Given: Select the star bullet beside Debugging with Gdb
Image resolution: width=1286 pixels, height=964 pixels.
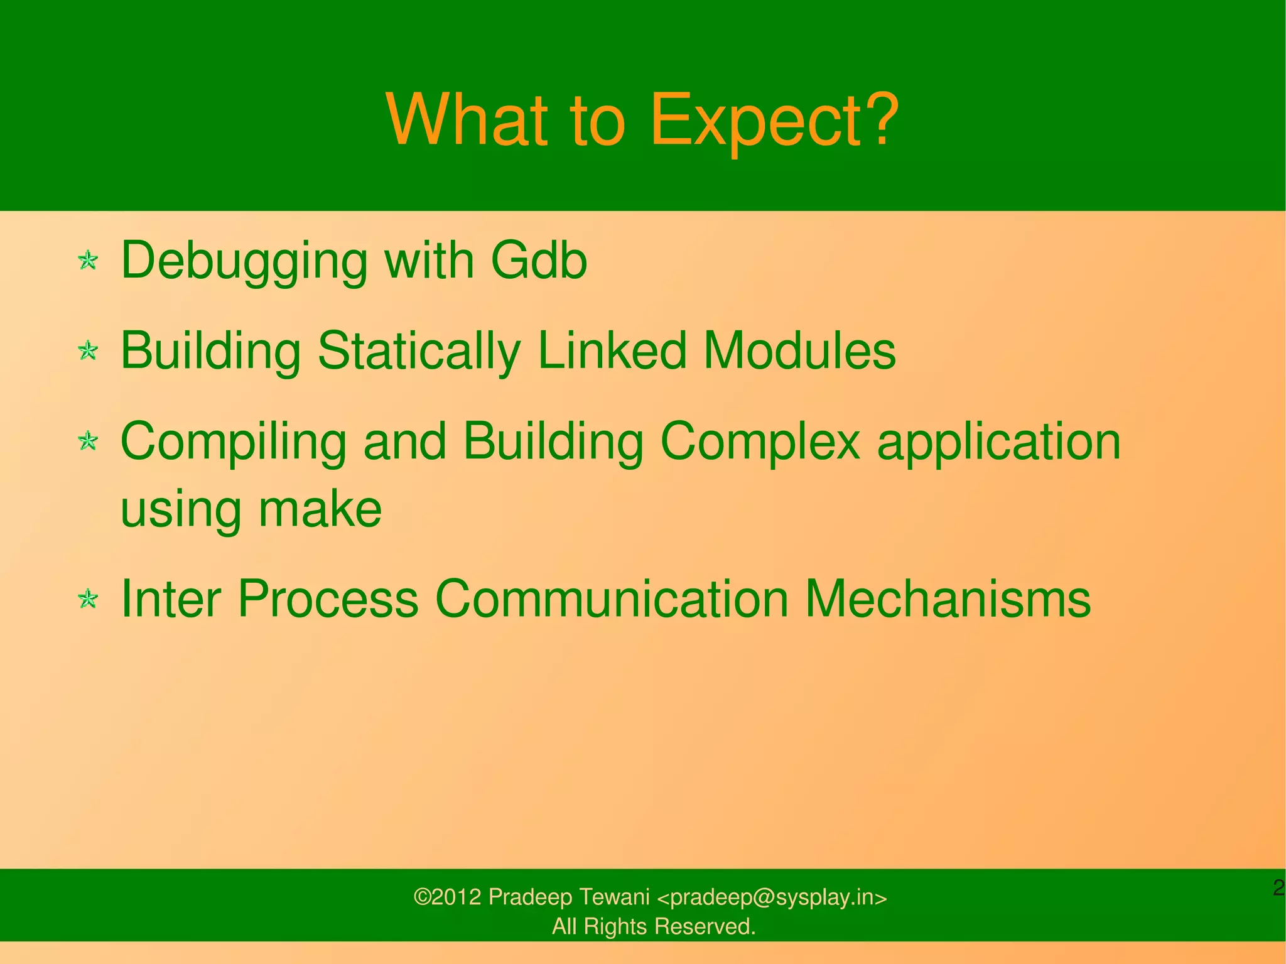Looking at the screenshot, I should (88, 260).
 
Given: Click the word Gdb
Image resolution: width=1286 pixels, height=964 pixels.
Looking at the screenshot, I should (538, 260).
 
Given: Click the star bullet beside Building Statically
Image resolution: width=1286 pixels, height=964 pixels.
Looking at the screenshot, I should (88, 350).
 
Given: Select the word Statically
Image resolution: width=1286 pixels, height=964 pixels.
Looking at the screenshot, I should (419, 350).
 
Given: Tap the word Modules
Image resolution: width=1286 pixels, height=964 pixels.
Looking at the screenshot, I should (799, 350).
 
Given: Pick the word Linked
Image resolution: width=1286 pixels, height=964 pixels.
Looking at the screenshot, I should (612, 350).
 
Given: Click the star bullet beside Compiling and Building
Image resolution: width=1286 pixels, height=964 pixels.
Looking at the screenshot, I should (88, 441).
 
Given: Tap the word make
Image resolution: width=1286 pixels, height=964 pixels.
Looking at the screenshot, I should (320, 509).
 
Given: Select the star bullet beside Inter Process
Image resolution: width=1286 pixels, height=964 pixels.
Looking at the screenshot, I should (88, 598).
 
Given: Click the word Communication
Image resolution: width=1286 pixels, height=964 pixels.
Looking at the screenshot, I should (612, 598).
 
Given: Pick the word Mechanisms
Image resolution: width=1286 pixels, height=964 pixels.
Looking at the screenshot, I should (948, 598).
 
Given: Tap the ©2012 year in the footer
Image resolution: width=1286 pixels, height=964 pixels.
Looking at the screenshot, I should (447, 897).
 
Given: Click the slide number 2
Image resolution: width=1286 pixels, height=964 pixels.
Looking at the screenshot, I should (1278, 888).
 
